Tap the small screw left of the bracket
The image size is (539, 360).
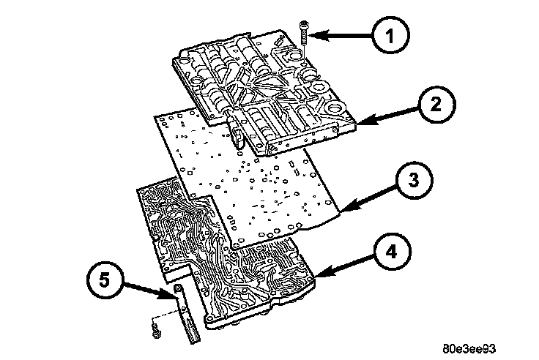click(x=155, y=333)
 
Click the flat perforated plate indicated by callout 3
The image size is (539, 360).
click(x=249, y=176)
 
